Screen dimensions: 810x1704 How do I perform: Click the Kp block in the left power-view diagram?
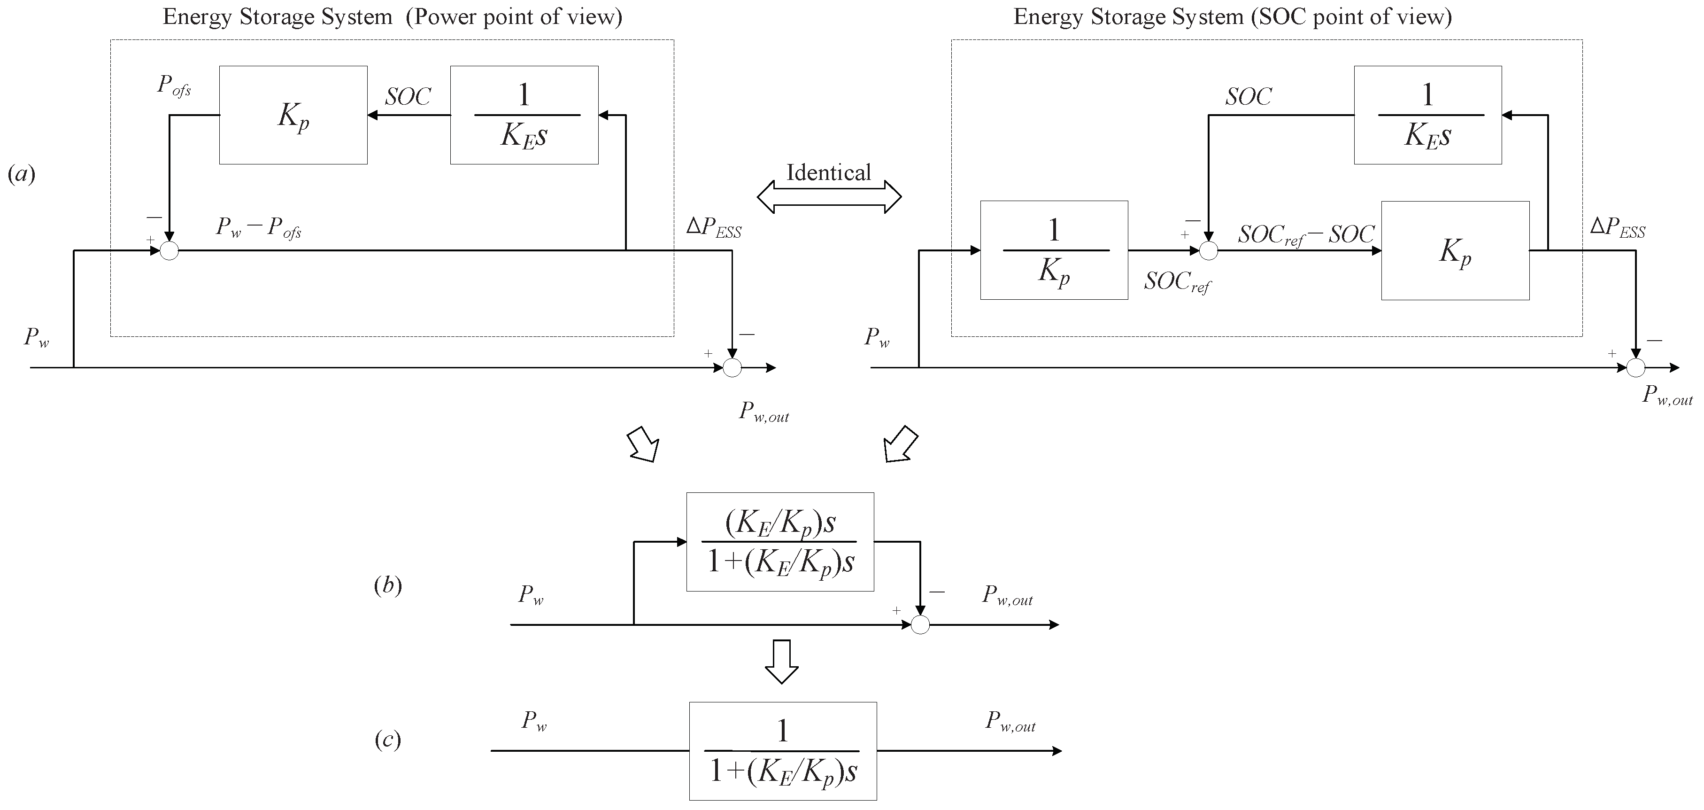[x=293, y=115]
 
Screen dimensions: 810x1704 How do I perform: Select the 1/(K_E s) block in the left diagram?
[x=524, y=115]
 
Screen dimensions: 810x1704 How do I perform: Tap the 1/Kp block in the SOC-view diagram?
[x=1054, y=250]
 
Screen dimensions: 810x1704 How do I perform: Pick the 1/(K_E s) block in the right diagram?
[x=1427, y=115]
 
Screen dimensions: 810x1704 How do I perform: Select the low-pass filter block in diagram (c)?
[x=783, y=751]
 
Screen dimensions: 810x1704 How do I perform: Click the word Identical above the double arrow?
[x=828, y=173]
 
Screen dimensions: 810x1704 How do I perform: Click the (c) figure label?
[x=388, y=739]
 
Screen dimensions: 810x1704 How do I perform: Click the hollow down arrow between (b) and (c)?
[x=782, y=661]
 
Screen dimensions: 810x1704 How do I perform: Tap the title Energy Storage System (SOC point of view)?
[x=1233, y=16]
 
